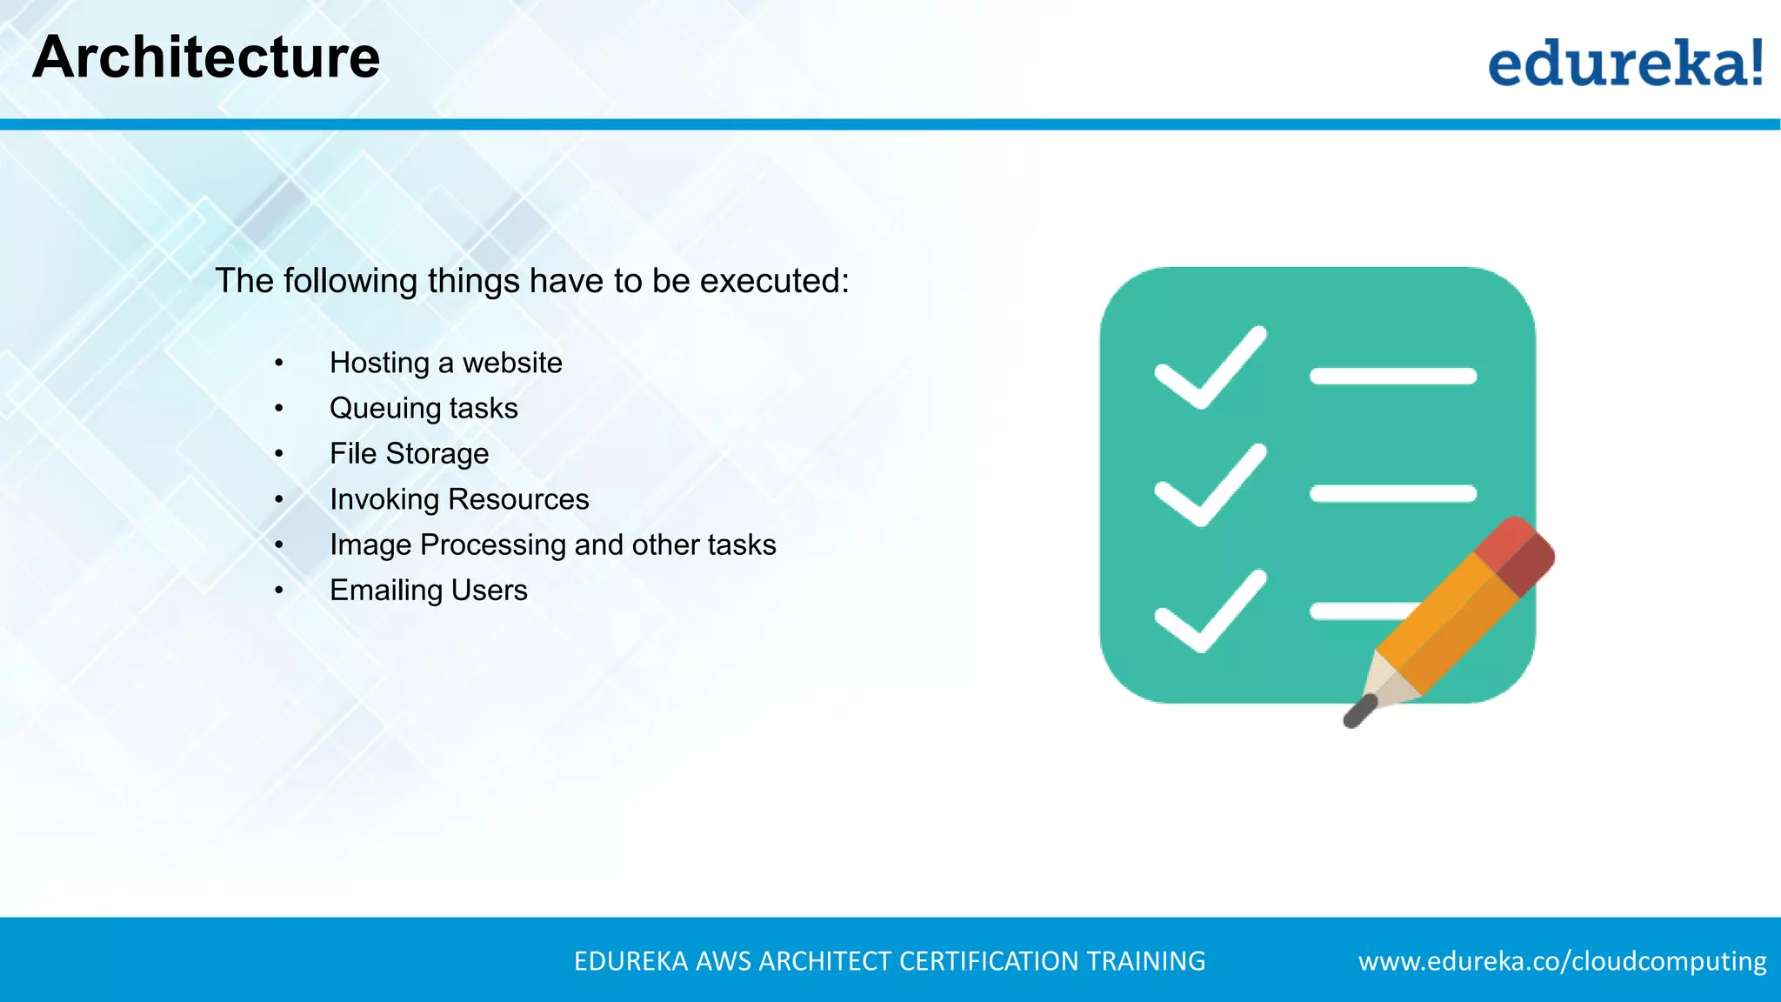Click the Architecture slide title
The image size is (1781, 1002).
[206, 57]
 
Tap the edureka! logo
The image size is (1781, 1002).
[1624, 63]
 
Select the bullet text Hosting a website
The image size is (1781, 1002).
[445, 363]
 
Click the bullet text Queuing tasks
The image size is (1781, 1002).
[424, 408]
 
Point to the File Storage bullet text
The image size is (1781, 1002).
[409, 454]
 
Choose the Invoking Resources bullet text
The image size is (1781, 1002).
[459, 499]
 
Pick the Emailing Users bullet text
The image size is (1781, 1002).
[428, 591]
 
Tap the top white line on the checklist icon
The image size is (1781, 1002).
[1393, 376]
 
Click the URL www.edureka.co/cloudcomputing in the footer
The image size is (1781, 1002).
[1562, 961]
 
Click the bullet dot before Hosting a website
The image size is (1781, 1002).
[279, 363]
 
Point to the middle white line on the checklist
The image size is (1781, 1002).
[1393, 494]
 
